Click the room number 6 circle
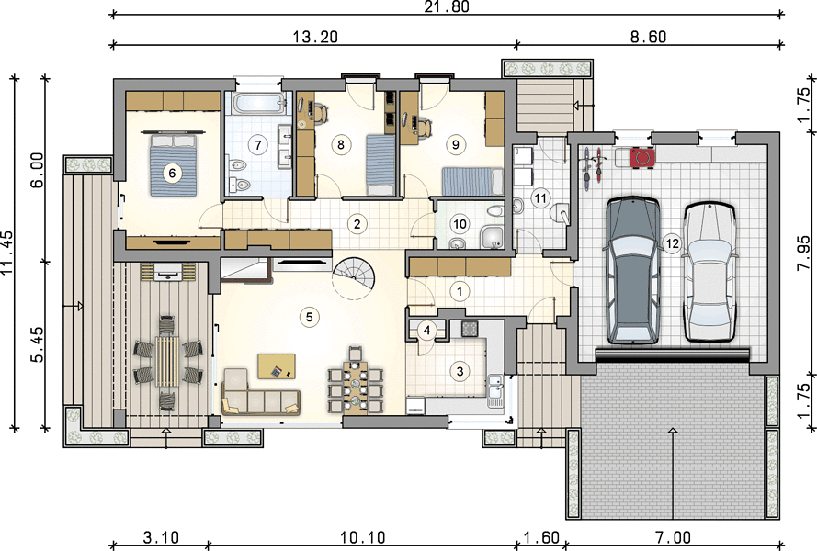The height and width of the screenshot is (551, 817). pos(172,173)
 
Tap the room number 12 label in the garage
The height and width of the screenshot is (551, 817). pos(672,243)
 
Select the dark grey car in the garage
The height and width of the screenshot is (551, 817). pos(632,270)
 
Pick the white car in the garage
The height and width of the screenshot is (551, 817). pos(709,273)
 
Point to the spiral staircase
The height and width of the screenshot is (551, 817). pos(355,277)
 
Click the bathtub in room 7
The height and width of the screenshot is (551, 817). pos(259,103)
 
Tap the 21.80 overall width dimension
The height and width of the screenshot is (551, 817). pos(447,6)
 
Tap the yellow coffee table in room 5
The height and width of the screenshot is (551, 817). pos(277,366)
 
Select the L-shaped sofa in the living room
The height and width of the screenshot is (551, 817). pos(260,392)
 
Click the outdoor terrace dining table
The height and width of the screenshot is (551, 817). pos(166,361)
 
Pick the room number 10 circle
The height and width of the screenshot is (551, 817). pos(460,224)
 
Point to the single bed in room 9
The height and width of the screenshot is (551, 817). pos(472,181)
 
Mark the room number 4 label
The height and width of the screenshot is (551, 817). pos(427,331)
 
